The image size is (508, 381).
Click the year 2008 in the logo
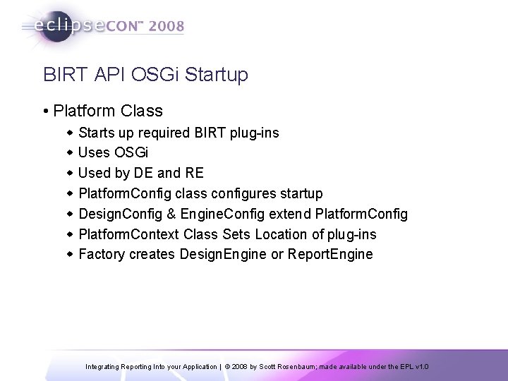tap(166, 27)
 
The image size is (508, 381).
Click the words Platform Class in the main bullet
tap(108, 111)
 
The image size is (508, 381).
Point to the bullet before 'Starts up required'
tap(69, 133)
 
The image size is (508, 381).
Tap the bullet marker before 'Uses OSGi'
tap(69, 152)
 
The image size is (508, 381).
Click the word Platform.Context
tap(128, 234)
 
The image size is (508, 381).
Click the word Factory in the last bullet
tap(100, 254)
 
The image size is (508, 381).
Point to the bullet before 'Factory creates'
tap(69, 254)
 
